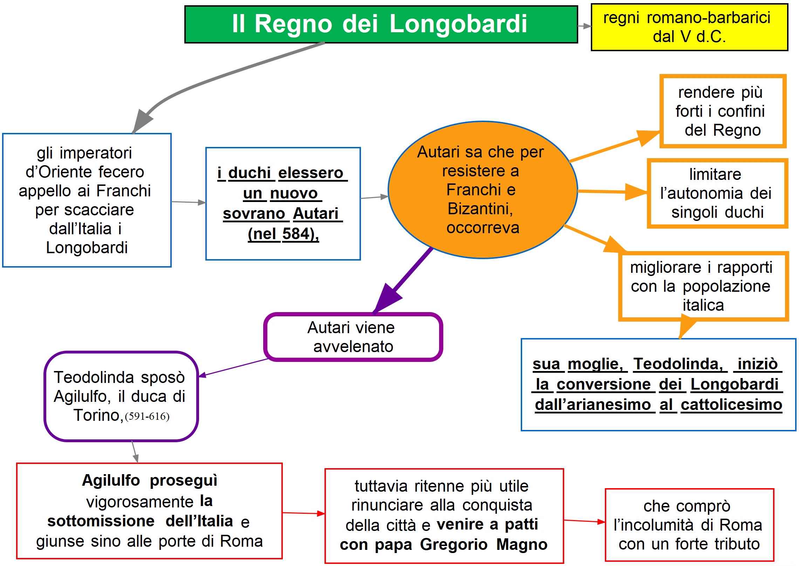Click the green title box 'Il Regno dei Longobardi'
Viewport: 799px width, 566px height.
click(x=381, y=24)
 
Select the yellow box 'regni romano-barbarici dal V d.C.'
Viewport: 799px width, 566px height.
click(x=689, y=27)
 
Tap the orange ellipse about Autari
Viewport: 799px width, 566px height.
click(x=482, y=190)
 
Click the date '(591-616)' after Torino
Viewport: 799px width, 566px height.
click(x=147, y=416)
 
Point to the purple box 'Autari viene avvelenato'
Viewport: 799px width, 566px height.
click(x=353, y=337)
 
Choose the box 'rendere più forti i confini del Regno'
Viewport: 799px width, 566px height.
click(x=723, y=111)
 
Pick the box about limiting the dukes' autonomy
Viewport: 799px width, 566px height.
click(x=717, y=193)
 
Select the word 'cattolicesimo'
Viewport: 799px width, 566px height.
click(x=731, y=405)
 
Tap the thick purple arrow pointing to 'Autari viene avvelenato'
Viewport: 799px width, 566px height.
click(x=403, y=281)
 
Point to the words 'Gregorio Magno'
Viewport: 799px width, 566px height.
click(x=484, y=545)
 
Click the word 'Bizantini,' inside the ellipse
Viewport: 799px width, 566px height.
click(x=480, y=209)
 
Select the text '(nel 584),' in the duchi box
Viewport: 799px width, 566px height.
click(x=283, y=234)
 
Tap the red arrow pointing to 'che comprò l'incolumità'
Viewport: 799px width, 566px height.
click(x=584, y=521)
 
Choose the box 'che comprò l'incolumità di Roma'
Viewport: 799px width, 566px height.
click(x=689, y=525)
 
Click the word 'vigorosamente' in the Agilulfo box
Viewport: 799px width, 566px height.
click(x=140, y=501)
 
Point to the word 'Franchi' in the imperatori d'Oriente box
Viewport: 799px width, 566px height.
click(x=123, y=191)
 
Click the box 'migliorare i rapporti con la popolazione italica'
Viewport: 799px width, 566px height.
click(x=703, y=286)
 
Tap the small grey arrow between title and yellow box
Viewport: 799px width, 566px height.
click(x=584, y=26)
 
